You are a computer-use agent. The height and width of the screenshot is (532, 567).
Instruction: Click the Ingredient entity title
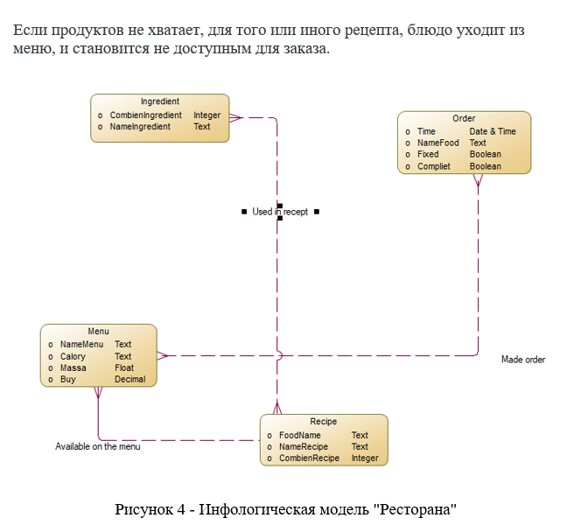pyautogui.click(x=160, y=101)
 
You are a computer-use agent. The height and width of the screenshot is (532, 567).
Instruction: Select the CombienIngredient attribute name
pyautogui.click(x=145, y=115)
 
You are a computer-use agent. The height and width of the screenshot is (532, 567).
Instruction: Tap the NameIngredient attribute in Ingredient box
pyautogui.click(x=140, y=127)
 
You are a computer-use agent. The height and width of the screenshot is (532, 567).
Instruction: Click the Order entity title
pyautogui.click(x=464, y=118)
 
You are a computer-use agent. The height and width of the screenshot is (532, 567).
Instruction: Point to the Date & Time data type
pyautogui.click(x=493, y=131)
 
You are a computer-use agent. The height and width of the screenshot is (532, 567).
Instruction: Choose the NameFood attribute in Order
pyautogui.click(x=437, y=143)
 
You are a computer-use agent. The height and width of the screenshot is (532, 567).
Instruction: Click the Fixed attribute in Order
pyautogui.click(x=428, y=154)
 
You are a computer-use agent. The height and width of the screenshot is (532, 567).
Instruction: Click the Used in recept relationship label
pyautogui.click(x=280, y=212)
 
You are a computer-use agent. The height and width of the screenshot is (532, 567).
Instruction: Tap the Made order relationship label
pyautogui.click(x=523, y=360)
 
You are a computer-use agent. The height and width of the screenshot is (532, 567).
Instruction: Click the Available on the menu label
pyautogui.click(x=98, y=446)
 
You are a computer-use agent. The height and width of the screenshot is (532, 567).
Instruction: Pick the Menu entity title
pyautogui.click(x=98, y=332)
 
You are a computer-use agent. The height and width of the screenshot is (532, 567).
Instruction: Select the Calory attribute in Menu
pyautogui.click(x=73, y=357)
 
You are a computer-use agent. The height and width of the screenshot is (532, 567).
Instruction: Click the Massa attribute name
pyautogui.click(x=73, y=368)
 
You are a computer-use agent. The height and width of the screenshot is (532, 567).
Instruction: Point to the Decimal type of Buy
pyautogui.click(x=129, y=380)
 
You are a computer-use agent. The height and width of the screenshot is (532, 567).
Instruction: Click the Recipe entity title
pyautogui.click(x=323, y=422)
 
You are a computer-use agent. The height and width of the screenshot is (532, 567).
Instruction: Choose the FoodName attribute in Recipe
pyautogui.click(x=299, y=435)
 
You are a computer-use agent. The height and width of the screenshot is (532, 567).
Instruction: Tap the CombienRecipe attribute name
pyautogui.click(x=308, y=458)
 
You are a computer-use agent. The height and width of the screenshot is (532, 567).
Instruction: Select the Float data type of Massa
pyautogui.click(x=124, y=368)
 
